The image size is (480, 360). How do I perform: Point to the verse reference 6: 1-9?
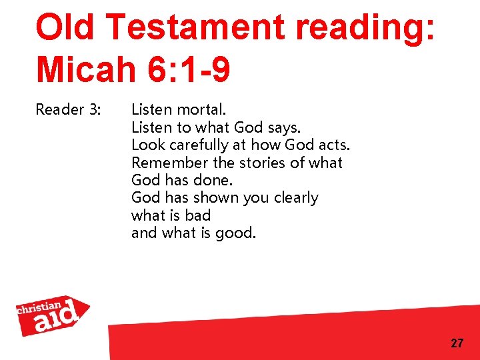click(190, 69)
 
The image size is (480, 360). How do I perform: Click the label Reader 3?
click(68, 109)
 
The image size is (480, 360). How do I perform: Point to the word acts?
click(332, 145)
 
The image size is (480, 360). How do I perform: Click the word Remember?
click(170, 163)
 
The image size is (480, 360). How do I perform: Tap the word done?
click(219, 180)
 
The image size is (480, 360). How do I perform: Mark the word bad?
click(199, 215)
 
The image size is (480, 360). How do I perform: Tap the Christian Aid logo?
click(52, 315)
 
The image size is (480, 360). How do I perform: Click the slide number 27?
click(457, 343)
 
